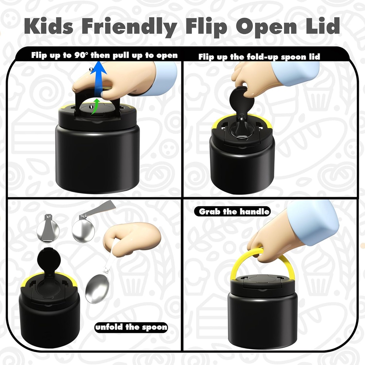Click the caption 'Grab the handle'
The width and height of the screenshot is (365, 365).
coord(234,211)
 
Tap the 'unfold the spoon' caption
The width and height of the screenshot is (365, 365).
coord(131,327)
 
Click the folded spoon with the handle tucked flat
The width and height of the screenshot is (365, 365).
coord(48,228)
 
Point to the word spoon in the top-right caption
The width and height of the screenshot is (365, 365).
coord(293,57)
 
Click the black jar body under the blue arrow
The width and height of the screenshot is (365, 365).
coord(97,161)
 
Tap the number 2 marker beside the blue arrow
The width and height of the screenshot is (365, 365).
coord(91,70)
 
